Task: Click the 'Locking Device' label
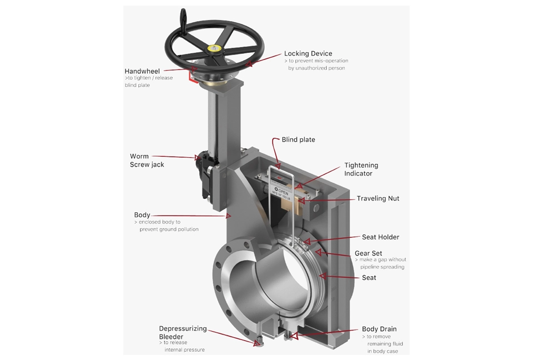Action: pos(308,53)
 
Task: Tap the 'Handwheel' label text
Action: pos(142,71)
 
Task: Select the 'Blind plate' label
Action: pos(299,139)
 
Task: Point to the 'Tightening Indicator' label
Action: pos(361,169)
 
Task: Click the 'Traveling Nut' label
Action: pos(378,198)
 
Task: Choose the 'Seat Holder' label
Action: pos(380,237)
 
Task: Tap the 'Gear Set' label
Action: pos(368,253)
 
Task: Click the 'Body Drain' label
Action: pos(379,329)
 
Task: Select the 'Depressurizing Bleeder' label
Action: pos(183,332)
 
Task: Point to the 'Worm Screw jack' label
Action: pos(147,160)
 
